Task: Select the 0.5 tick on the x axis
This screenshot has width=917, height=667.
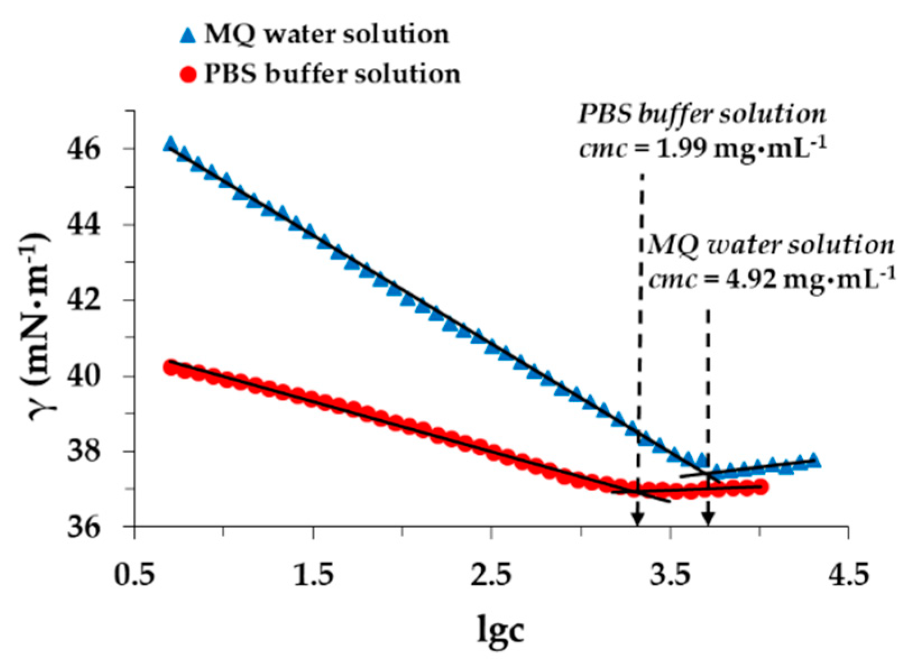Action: click(135, 575)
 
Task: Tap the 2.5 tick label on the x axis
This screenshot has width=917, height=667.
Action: click(491, 575)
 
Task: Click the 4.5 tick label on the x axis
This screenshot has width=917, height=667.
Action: click(848, 575)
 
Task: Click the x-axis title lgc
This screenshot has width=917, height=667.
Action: click(501, 628)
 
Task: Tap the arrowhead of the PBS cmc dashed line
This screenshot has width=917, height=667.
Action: click(637, 520)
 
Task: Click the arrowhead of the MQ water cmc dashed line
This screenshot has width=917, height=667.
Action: click(708, 520)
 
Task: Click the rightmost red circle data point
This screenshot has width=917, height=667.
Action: click(761, 487)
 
